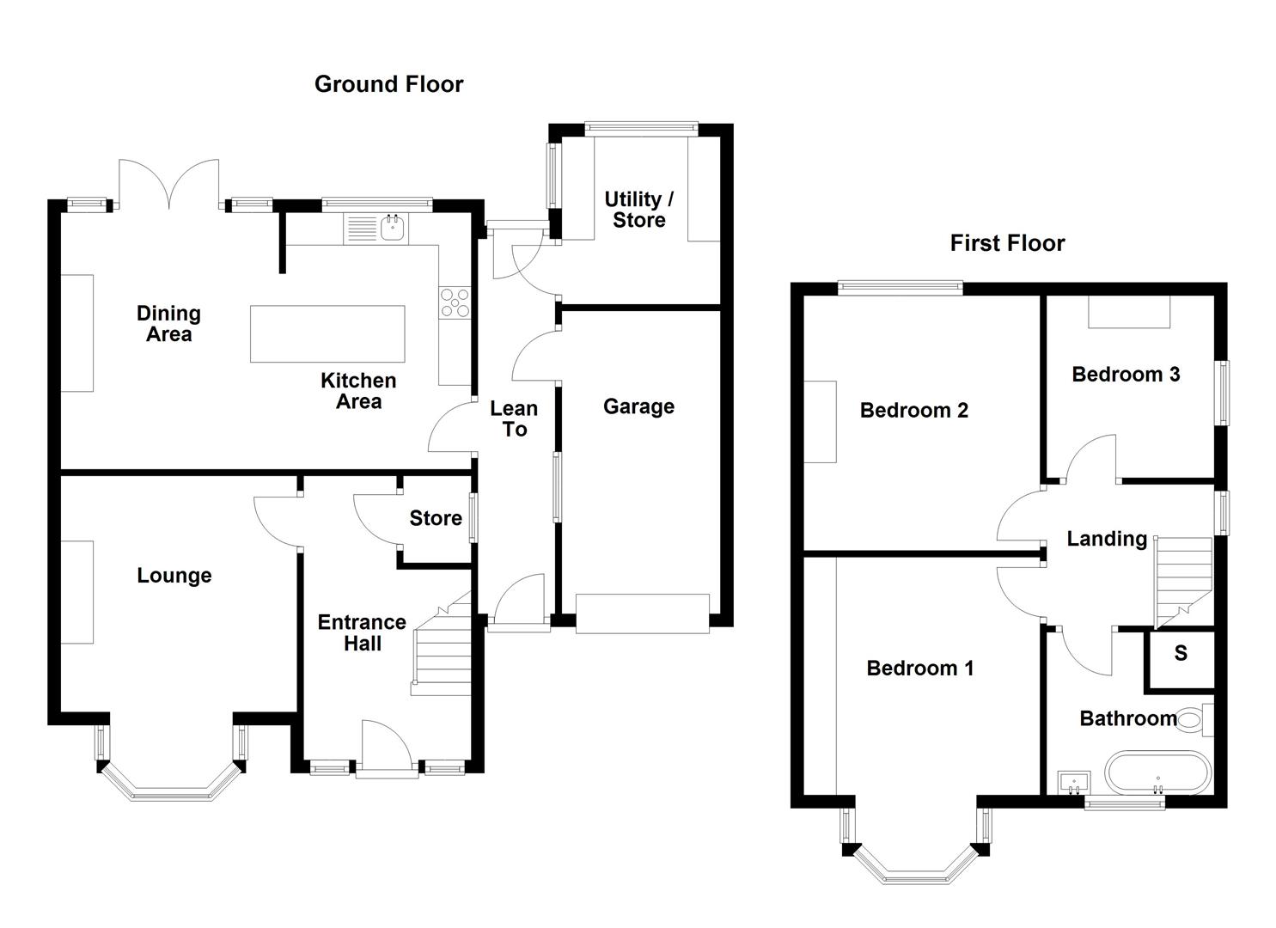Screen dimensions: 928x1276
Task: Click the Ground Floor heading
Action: tap(388, 84)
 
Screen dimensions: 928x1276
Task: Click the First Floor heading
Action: tap(1007, 243)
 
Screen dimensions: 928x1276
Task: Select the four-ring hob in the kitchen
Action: tap(455, 302)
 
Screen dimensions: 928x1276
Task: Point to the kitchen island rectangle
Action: tap(327, 334)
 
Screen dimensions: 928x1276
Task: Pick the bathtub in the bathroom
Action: tap(1157, 772)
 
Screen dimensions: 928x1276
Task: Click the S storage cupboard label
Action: tap(1181, 654)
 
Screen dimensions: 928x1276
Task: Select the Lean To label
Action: tap(514, 419)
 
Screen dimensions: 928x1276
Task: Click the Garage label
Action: tap(638, 406)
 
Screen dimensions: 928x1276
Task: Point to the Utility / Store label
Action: tap(638, 210)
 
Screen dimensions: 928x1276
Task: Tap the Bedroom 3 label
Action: tap(1126, 374)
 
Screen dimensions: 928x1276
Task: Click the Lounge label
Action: tap(174, 576)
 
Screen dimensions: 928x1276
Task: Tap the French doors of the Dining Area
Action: tap(169, 184)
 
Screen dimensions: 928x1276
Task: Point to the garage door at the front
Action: tap(643, 614)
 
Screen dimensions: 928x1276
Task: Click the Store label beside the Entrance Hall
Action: tap(436, 518)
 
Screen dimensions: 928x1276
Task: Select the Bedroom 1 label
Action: tap(919, 668)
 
